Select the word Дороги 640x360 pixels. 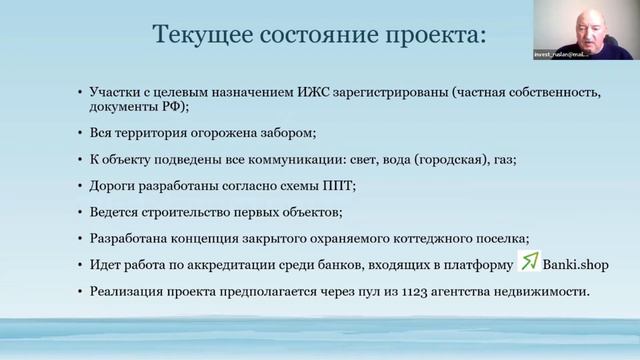pos(112,185)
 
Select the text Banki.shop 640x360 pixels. pos(574,265)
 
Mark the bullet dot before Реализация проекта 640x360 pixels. pos(80,291)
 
